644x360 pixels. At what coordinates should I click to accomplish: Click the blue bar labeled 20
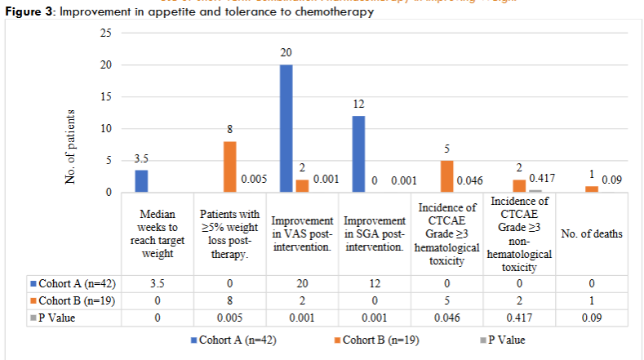click(x=286, y=128)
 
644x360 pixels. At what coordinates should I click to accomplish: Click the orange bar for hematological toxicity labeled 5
click(x=446, y=176)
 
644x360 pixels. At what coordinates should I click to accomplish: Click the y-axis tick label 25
click(x=105, y=33)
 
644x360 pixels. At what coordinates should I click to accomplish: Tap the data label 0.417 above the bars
click(x=543, y=176)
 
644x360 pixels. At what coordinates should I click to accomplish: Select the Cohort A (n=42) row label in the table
click(x=71, y=283)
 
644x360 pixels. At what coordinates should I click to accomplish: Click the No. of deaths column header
click(x=592, y=234)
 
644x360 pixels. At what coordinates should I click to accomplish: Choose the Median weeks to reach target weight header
click(x=155, y=234)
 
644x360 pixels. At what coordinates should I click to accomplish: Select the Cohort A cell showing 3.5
click(x=155, y=283)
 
